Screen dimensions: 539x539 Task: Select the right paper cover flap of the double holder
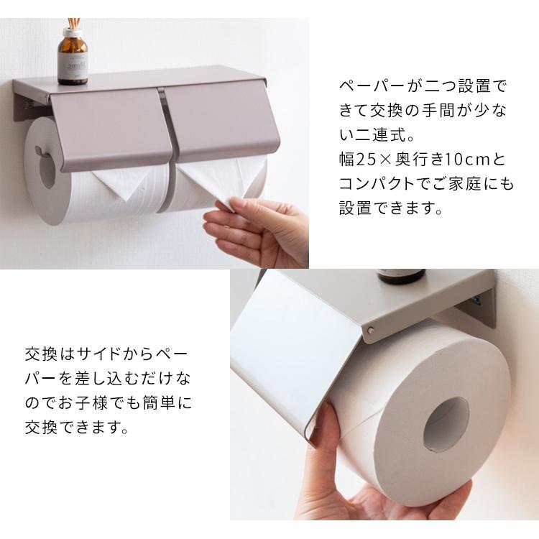click(x=216, y=126)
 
